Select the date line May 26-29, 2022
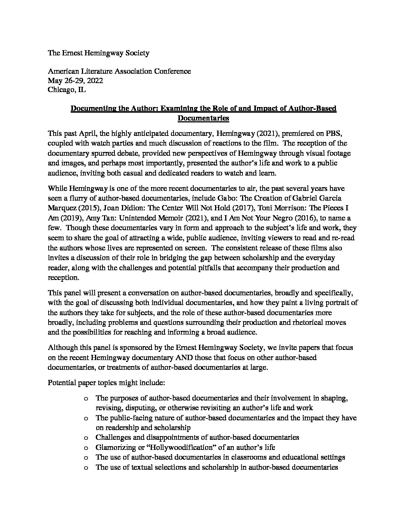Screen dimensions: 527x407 (x=75, y=80)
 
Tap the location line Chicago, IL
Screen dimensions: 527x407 (x=67, y=90)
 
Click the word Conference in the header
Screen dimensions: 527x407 (x=173, y=71)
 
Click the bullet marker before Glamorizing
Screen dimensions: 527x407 (x=86, y=447)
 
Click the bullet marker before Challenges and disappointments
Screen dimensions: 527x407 (x=86, y=437)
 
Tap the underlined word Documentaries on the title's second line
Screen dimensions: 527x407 (x=203, y=119)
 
